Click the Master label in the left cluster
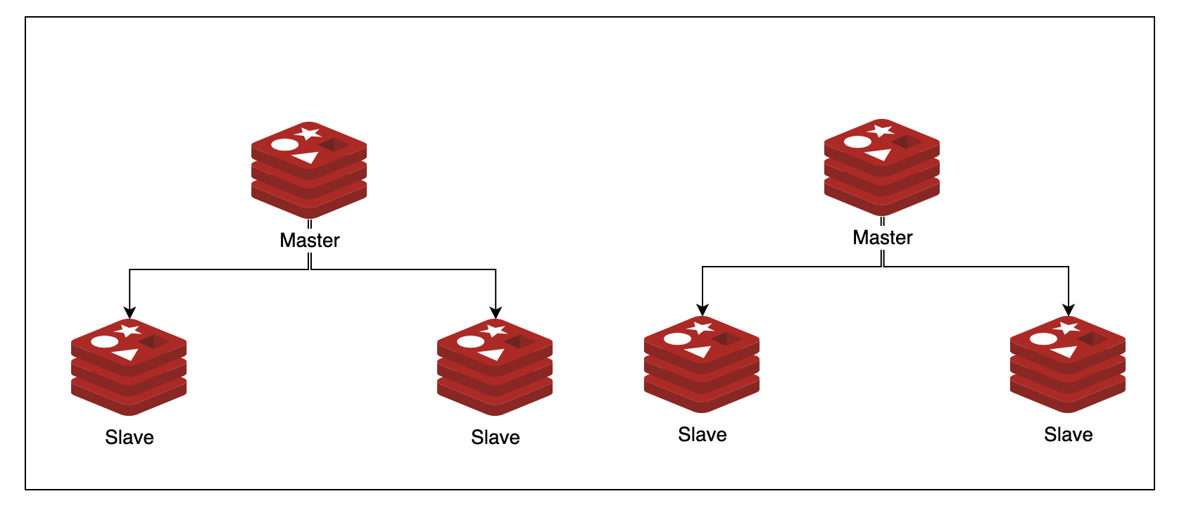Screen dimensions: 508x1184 click(x=309, y=241)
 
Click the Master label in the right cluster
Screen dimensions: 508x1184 click(x=882, y=238)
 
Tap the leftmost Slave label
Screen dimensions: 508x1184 click(x=129, y=438)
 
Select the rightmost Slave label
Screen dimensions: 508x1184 click(x=1068, y=435)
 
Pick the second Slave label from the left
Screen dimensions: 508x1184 click(x=495, y=438)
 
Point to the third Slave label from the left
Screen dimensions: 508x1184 click(x=702, y=435)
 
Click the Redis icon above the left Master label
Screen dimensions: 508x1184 click(x=309, y=170)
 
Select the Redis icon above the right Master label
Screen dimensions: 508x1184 click(x=882, y=167)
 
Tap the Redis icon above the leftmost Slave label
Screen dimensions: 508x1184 click(x=129, y=367)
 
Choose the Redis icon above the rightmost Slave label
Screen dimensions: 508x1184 click(x=1068, y=364)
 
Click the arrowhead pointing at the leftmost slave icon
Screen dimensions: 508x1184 click(x=130, y=313)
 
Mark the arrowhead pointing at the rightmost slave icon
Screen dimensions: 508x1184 click(x=1069, y=310)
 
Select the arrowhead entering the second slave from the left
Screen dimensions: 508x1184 click(x=496, y=313)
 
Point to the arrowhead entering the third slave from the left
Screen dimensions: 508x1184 click(x=703, y=310)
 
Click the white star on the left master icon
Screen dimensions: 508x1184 click(x=308, y=133)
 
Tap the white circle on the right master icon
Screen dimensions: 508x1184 click(x=857, y=142)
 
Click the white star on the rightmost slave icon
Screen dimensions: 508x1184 click(x=1066, y=327)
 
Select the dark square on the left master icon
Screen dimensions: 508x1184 click(x=334, y=145)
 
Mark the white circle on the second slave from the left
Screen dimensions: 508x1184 click(x=470, y=342)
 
